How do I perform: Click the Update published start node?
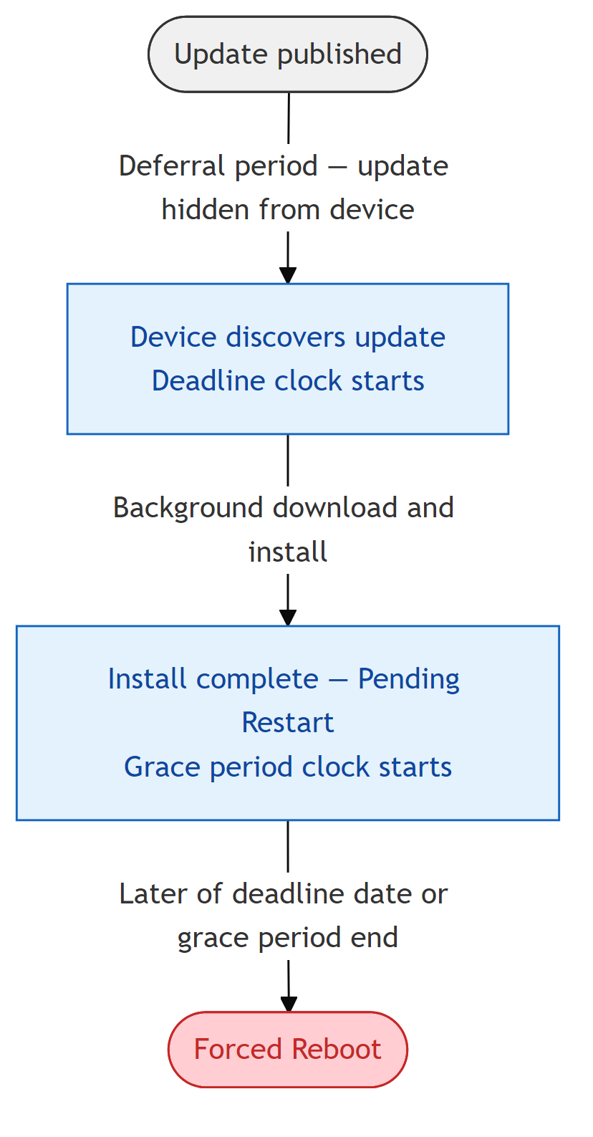pyautogui.click(x=287, y=54)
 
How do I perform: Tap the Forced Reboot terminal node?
pyautogui.click(x=287, y=1050)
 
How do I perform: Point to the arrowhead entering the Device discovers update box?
pyautogui.click(x=288, y=276)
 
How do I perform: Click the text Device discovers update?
pyautogui.click(x=287, y=337)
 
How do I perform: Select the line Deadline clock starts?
pyautogui.click(x=287, y=380)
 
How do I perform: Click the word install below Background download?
pyautogui.click(x=287, y=552)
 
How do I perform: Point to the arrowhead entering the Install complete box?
pyautogui.click(x=288, y=618)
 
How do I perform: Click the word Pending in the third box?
pyautogui.click(x=408, y=679)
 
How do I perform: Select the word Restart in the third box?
pyautogui.click(x=287, y=723)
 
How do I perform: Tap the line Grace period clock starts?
pyautogui.click(x=287, y=767)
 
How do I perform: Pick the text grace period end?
pyautogui.click(x=287, y=938)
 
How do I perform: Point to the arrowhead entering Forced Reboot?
pyautogui.click(x=288, y=1004)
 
